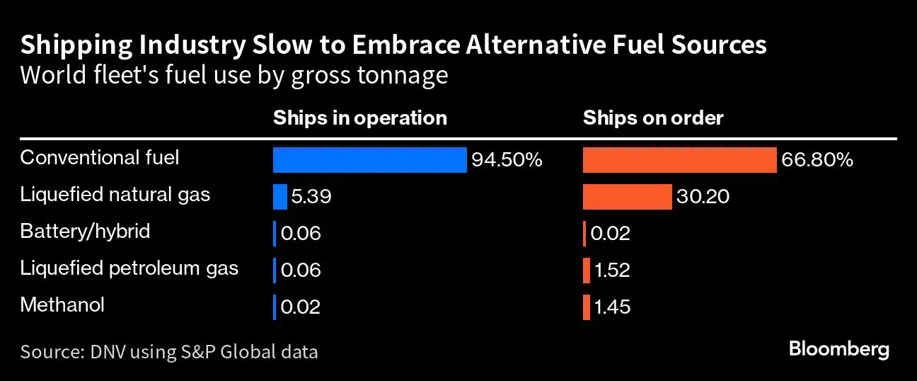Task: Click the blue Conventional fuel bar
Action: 369,160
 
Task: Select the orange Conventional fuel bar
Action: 679,160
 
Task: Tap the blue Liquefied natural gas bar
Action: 280,197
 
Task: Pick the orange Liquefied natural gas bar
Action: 627,197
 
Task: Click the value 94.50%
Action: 507,161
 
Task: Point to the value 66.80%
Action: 817,161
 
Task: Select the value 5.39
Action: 311,198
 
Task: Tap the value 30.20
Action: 703,198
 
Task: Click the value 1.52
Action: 612,271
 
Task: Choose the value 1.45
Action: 612,307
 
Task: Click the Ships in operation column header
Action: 360,118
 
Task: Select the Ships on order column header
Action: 653,118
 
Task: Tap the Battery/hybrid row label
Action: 85,231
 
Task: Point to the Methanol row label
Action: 62,305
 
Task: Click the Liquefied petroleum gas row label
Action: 129,268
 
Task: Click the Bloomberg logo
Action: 838,349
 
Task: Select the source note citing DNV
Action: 169,351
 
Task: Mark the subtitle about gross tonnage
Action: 234,74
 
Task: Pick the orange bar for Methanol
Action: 587,307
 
